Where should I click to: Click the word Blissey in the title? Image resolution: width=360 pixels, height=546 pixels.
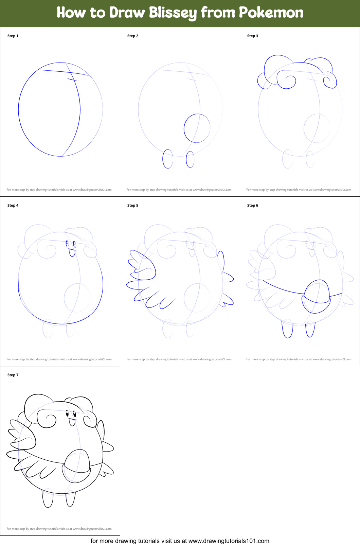pos(173,13)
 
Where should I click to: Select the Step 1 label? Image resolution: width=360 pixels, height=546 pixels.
pos(13,36)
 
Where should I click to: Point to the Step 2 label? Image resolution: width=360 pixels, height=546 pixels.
pos(133,36)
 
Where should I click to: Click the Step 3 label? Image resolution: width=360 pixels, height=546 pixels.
pos(253,36)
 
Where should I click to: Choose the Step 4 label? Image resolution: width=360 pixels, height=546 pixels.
pos(13,205)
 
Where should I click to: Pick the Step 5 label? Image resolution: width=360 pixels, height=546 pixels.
pos(133,205)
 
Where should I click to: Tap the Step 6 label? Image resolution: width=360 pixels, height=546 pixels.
pos(253,205)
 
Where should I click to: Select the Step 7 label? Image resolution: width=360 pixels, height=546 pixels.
pos(13,375)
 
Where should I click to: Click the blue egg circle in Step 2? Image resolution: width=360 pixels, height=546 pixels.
pos(197,128)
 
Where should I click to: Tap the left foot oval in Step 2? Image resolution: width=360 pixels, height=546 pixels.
pos(168,159)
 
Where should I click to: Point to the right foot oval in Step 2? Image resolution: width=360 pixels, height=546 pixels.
pos(190,159)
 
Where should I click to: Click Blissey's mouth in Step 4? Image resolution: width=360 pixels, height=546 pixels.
pos(72,252)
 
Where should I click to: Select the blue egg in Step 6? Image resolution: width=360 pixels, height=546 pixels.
pos(317,296)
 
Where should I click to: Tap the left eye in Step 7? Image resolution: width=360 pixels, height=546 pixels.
pos(67,413)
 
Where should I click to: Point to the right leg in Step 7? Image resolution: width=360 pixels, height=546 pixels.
pos(71,499)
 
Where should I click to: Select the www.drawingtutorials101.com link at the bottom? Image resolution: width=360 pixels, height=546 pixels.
pos(229,541)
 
